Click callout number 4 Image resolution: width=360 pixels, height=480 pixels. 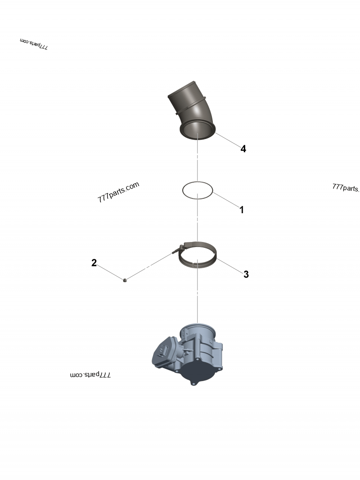(x=243, y=149)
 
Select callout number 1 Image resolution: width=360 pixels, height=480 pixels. (x=242, y=210)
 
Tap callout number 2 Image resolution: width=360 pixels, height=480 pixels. (x=94, y=263)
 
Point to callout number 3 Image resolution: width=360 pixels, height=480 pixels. (x=246, y=274)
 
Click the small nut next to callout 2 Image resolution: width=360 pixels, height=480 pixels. (x=125, y=280)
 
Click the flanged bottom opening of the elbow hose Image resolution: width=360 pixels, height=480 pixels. (x=198, y=130)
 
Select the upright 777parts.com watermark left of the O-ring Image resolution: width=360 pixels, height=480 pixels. (x=118, y=192)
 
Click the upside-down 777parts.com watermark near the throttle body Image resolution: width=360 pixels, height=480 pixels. (x=90, y=375)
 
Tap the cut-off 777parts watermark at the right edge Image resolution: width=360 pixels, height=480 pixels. (x=346, y=188)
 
